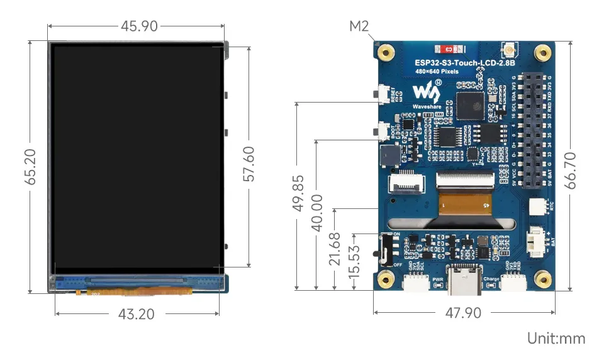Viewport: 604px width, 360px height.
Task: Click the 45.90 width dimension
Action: pos(140,26)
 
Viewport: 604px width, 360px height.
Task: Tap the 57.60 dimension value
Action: pos(249,164)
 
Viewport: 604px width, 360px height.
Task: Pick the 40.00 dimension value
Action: pos(318,212)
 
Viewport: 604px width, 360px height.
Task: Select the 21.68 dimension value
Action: pos(335,249)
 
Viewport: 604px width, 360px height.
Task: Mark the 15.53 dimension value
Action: pos(355,261)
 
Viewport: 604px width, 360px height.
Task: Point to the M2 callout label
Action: pos(359,26)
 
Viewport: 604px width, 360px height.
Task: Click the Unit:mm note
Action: pos(556,338)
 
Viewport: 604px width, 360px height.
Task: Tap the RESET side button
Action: pos(382,94)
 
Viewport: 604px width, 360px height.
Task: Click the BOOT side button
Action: pos(382,132)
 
